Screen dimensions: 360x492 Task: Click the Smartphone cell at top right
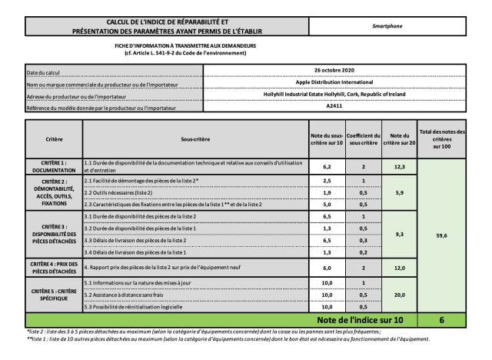pos(387,25)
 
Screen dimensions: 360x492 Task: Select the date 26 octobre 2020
pos(334,70)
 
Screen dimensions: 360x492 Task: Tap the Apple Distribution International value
pos(334,82)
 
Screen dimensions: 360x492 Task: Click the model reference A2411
pos(334,106)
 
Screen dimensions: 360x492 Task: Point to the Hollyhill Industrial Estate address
pos(334,94)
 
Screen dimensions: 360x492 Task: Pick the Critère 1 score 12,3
pos(400,166)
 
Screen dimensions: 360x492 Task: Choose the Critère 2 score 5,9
pos(400,192)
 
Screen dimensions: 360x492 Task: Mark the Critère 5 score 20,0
pos(400,294)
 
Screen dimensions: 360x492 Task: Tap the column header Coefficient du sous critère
pos(363,141)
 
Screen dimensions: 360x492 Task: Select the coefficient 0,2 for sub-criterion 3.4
pos(363,252)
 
